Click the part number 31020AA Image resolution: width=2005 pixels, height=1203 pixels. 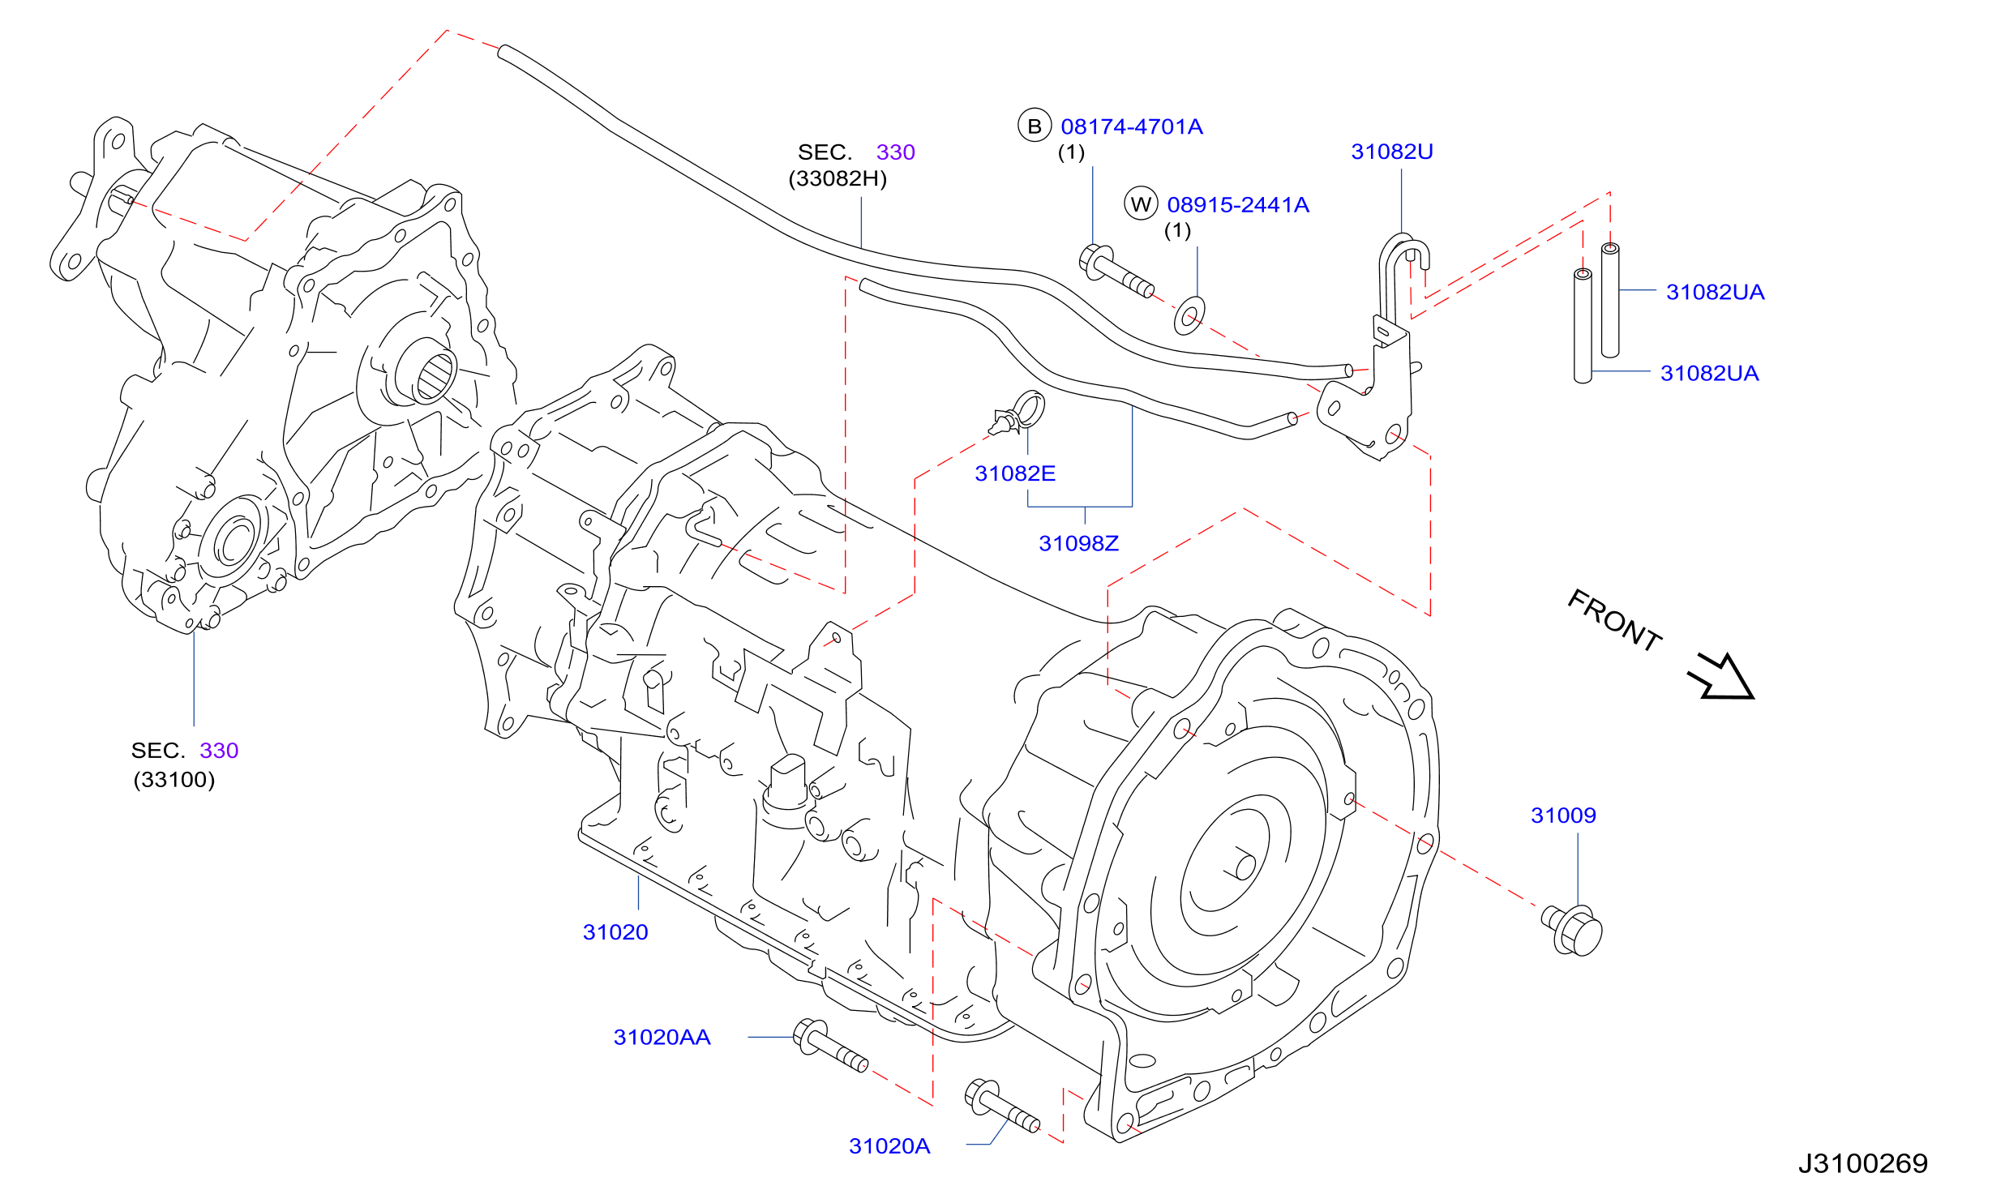pyautogui.click(x=662, y=1037)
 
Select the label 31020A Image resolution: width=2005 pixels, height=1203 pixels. pyautogui.click(x=889, y=1145)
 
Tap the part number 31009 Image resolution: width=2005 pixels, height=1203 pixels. pyautogui.click(x=1563, y=815)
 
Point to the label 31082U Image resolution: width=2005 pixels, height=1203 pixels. pyautogui.click(x=1392, y=152)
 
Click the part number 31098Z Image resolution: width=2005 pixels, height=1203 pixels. pyautogui.click(x=1079, y=543)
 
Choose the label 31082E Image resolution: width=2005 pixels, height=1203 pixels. pyautogui.click(x=1015, y=473)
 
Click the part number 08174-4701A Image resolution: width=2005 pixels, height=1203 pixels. pyautogui.click(x=1132, y=126)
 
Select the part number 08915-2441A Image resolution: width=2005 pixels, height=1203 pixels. pyautogui.click(x=1238, y=204)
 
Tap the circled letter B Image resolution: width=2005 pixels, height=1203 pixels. pyautogui.click(x=1035, y=126)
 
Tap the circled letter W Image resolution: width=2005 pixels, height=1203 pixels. pyautogui.click(x=1141, y=203)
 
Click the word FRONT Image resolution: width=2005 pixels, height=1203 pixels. pyautogui.click(x=1614, y=620)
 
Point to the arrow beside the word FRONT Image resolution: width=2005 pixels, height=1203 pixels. pyautogui.click(x=1721, y=677)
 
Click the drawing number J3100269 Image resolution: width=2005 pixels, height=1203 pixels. pyautogui.click(x=1863, y=1163)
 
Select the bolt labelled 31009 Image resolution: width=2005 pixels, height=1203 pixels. pyautogui.click(x=1572, y=930)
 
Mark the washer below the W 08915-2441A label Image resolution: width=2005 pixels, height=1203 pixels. pyautogui.click(x=1189, y=316)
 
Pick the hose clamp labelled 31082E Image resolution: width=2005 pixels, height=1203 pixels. pyautogui.click(x=1018, y=413)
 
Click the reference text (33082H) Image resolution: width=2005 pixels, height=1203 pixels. pyautogui.click(x=838, y=178)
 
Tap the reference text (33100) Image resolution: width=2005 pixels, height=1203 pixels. pyautogui.click(x=174, y=780)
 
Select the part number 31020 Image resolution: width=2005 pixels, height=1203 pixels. pyautogui.click(x=615, y=932)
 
